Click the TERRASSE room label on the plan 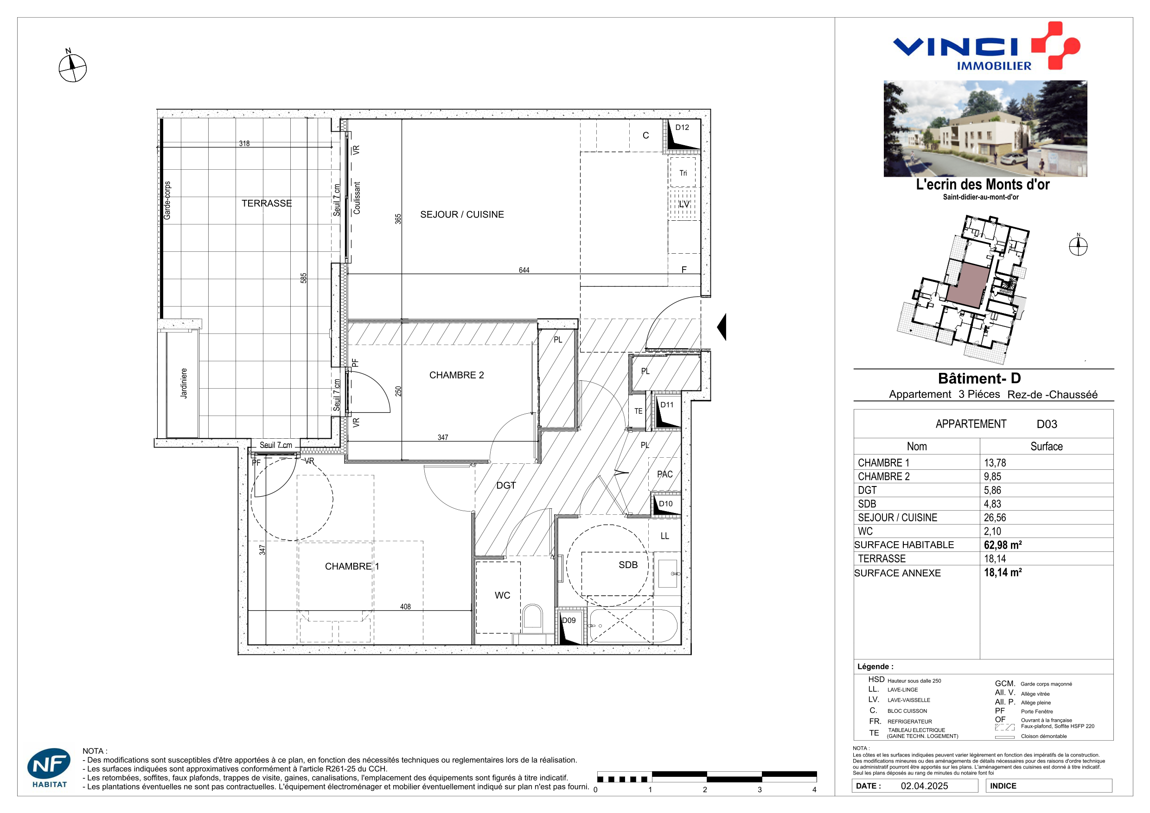point(267,204)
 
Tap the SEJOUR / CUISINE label point(462,214)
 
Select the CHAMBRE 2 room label point(456,375)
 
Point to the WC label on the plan point(502,595)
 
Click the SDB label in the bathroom point(628,564)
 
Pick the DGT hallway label point(506,486)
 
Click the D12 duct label point(682,127)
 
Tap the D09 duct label point(569,620)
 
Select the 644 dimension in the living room point(524,270)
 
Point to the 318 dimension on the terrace point(244,143)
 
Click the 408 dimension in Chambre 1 point(405,607)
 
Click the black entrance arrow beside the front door point(722,327)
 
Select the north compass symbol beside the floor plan point(72,66)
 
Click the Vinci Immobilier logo point(986,46)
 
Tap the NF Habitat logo point(49,768)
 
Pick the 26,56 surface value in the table point(995,518)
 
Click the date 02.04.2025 point(924,786)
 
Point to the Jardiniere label point(184,383)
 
